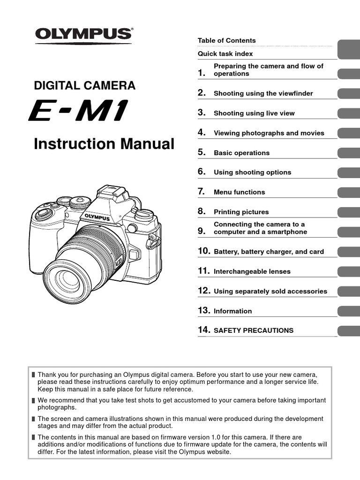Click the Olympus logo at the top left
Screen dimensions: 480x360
tap(83, 34)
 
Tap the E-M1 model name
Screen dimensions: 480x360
tap(78, 113)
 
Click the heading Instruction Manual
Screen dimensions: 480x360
tap(104, 144)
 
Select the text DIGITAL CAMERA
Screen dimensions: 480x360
tap(84, 86)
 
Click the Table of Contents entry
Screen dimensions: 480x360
tap(226, 41)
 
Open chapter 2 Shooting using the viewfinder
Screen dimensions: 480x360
tap(263, 93)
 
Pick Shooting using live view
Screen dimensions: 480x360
tap(254, 113)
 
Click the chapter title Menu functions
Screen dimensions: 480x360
tap(239, 192)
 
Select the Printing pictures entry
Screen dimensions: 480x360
tap(241, 212)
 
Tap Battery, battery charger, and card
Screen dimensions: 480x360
tap(269, 252)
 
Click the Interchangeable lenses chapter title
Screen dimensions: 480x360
tap(252, 271)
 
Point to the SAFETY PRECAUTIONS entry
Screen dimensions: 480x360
tap(253, 330)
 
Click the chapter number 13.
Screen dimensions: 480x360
tap(203, 311)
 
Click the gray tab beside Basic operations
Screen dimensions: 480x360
tap(348, 153)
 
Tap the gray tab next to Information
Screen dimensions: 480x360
tap(348, 311)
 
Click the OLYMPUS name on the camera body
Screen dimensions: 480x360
tap(97, 217)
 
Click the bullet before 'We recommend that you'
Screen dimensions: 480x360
tap(33, 401)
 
